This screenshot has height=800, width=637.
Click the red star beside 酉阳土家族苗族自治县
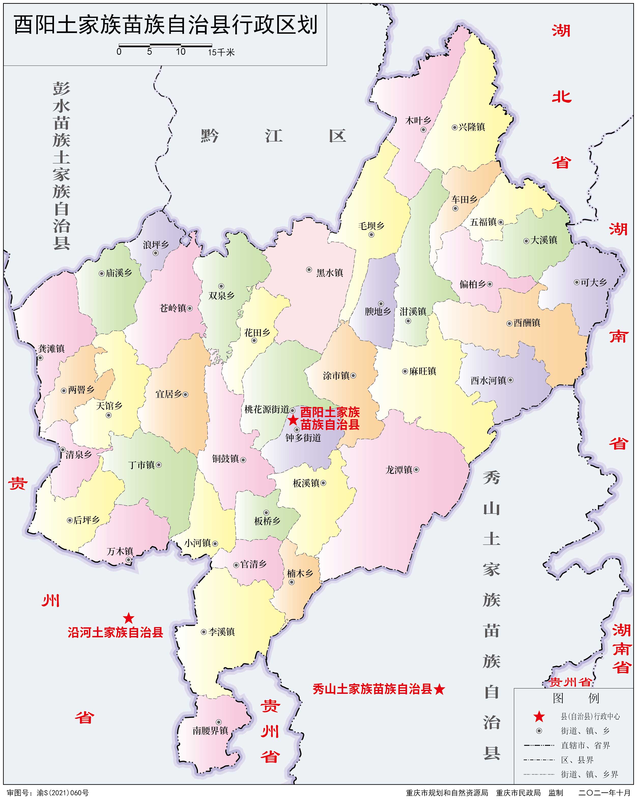pyautogui.click(x=293, y=420)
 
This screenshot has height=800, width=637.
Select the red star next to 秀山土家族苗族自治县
pyautogui.click(x=439, y=689)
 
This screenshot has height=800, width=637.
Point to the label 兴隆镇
pyautogui.click(x=472, y=127)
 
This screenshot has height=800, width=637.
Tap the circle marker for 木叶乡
pyautogui.click(x=423, y=130)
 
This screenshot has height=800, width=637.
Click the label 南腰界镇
pyautogui.click(x=210, y=730)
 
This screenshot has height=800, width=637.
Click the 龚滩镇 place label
pyautogui.click(x=52, y=348)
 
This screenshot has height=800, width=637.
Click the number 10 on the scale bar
pyautogui.click(x=181, y=52)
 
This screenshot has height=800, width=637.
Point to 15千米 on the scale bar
pyautogui.click(x=221, y=52)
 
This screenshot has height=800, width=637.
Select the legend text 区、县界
pyautogui.click(x=577, y=760)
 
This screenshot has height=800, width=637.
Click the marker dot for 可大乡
pyautogui.click(x=576, y=282)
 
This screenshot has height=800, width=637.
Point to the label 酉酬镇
pyautogui.click(x=527, y=323)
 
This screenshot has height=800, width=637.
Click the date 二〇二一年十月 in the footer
pyautogui.click(x=604, y=793)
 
